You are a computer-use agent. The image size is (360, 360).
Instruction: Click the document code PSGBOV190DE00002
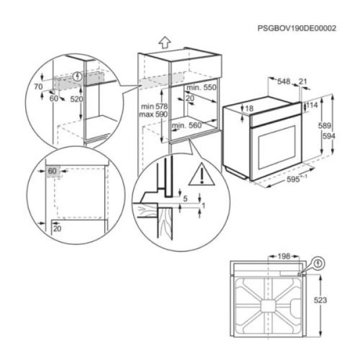point(296,28)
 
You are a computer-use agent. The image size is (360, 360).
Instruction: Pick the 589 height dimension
point(325,126)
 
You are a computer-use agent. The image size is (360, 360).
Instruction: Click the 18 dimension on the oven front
point(249,108)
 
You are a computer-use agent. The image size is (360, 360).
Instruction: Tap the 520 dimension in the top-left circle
point(76,98)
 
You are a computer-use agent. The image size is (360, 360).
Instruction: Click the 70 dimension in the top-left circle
point(38,87)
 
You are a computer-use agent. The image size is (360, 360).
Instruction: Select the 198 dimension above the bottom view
point(283,257)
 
